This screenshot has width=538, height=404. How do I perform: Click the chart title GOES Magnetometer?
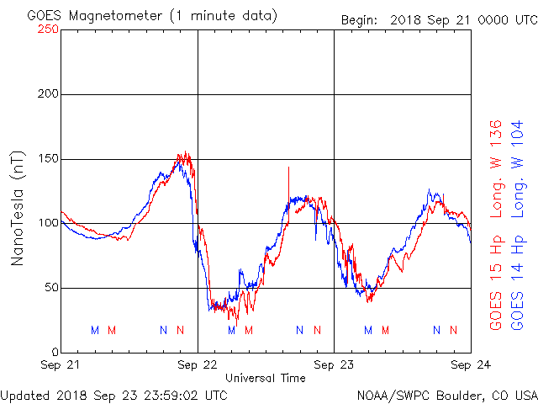[x=95, y=16]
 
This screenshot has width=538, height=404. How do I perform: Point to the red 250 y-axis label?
[x=48, y=29]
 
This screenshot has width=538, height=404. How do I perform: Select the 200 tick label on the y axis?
[x=48, y=93]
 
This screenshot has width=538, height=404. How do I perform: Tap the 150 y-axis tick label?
[x=48, y=159]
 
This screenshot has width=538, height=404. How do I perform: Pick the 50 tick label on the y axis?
[x=51, y=288]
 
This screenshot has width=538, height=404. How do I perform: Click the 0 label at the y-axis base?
[x=55, y=352]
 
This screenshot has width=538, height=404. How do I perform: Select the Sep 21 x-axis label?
[x=60, y=364]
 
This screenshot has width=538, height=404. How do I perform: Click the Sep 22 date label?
[x=198, y=364]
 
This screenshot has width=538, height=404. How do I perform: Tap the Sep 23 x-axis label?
[x=334, y=364]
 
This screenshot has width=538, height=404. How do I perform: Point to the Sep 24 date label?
[x=471, y=364]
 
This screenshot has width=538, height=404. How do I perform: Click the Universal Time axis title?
[x=266, y=378]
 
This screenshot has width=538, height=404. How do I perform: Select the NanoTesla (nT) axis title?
[x=17, y=209]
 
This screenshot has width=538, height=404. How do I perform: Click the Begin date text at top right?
[x=439, y=20]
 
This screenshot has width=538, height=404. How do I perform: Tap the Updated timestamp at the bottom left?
[x=114, y=396]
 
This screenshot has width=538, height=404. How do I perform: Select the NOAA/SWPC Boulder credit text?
[x=447, y=396]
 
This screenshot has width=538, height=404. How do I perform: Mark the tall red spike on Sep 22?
[x=288, y=194]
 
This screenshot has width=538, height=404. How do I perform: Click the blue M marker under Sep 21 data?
[x=95, y=330]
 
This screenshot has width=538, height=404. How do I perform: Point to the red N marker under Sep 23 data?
[x=454, y=330]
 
